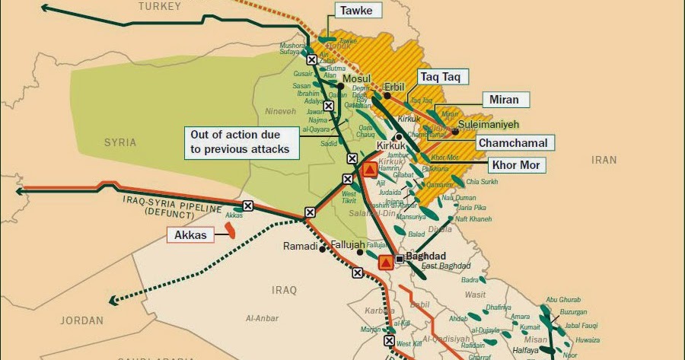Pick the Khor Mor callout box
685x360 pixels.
coord(515,165)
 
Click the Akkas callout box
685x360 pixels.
coord(190,235)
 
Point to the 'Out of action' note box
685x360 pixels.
coord(240,142)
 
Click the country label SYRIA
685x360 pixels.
coord(120,142)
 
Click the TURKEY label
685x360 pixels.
coord(160,6)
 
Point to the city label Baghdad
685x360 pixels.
coord(426,256)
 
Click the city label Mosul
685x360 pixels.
coord(356,79)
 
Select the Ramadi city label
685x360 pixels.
coord(300,247)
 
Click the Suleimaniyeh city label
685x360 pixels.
coord(487,123)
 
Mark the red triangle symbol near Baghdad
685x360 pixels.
coord(385,263)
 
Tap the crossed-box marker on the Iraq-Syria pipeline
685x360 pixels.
coord(247,205)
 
